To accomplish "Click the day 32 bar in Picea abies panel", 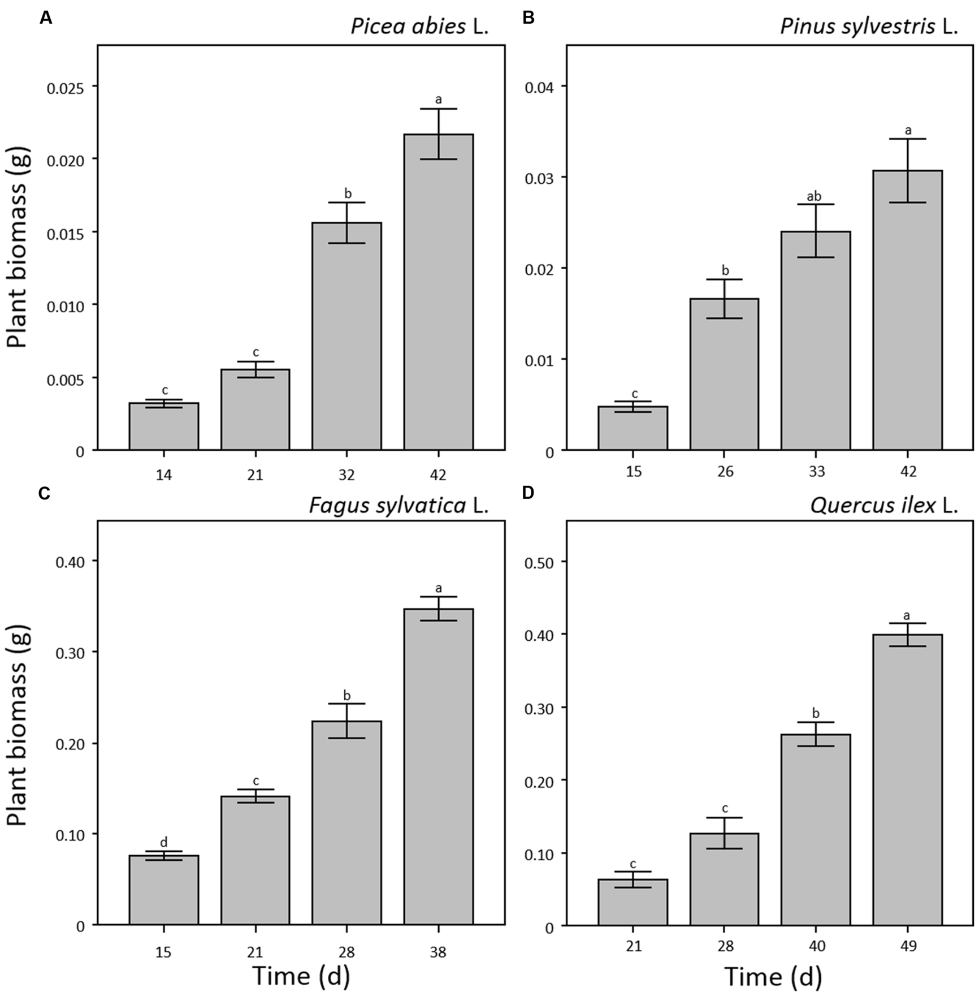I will (x=346, y=337).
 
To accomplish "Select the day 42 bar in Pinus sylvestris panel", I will (x=907, y=310).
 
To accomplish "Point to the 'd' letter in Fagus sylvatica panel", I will (x=164, y=843).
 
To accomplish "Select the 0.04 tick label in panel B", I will (x=539, y=87).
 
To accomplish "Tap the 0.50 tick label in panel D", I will (x=539, y=562).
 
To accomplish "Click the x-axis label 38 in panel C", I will (x=438, y=952).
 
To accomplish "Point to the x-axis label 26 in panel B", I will (x=725, y=472).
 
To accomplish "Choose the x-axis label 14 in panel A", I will (x=164, y=475).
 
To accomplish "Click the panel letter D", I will (x=528, y=493).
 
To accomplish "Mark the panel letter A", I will (x=46, y=18).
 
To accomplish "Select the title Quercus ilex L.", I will (x=883, y=505).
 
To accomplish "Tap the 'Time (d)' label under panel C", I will (x=301, y=976).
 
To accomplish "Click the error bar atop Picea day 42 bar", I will (x=438, y=134).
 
